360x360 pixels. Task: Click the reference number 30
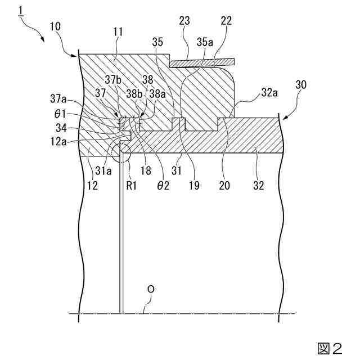[x=301, y=85]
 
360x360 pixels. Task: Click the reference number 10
[x=56, y=27]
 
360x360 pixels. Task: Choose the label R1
[x=132, y=186]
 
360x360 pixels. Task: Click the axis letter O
[x=150, y=289]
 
